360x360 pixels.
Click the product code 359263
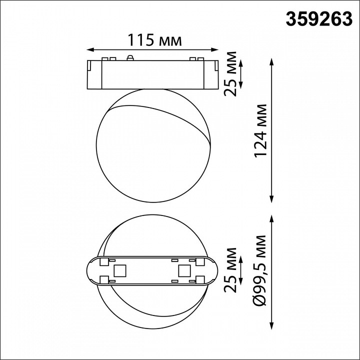coord(319,18)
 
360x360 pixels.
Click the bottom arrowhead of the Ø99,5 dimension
coord(271,322)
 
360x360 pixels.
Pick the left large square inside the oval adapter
coord(119,271)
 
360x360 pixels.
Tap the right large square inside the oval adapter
coord(183,271)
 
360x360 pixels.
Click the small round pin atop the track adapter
coord(131,57)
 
